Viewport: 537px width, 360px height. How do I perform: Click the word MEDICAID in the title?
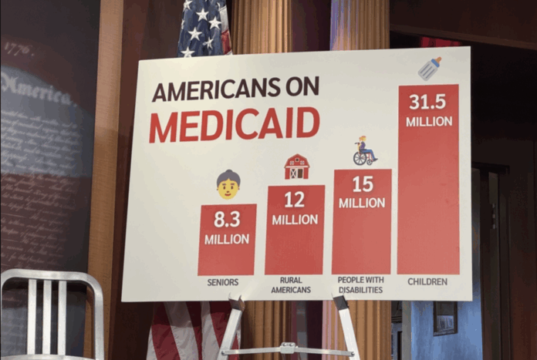click(234, 124)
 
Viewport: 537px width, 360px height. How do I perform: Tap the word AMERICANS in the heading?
click(213, 90)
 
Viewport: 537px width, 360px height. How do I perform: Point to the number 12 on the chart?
click(294, 200)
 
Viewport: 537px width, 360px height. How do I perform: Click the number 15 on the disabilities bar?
click(362, 184)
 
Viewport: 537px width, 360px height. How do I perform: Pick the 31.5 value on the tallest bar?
click(427, 102)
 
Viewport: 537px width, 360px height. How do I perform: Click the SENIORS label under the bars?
click(223, 282)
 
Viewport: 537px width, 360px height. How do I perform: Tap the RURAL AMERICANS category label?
click(291, 285)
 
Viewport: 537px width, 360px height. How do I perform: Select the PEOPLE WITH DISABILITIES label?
click(361, 284)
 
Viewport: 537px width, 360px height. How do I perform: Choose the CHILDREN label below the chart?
click(427, 281)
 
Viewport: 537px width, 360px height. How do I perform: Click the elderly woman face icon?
click(228, 184)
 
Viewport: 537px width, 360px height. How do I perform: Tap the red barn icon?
click(296, 166)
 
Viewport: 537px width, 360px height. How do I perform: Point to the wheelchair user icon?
click(363, 151)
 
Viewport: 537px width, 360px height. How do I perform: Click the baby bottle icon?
click(430, 69)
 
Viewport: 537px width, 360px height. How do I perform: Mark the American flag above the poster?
click(203, 27)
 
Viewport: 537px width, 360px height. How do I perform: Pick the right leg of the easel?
click(346, 328)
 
